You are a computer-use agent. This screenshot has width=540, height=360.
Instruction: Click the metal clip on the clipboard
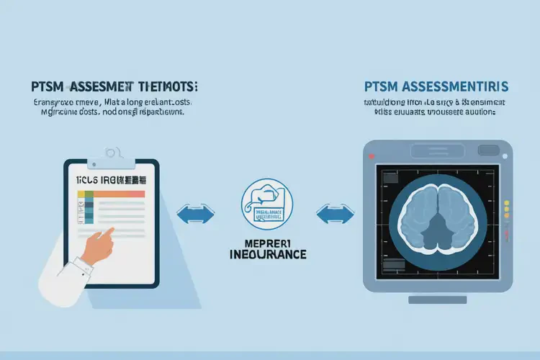click(x=112, y=153)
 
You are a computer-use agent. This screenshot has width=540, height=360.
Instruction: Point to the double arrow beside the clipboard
click(x=196, y=214)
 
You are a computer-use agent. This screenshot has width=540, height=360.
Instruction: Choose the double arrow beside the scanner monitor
click(x=335, y=214)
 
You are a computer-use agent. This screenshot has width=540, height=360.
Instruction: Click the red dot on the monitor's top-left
click(x=371, y=156)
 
